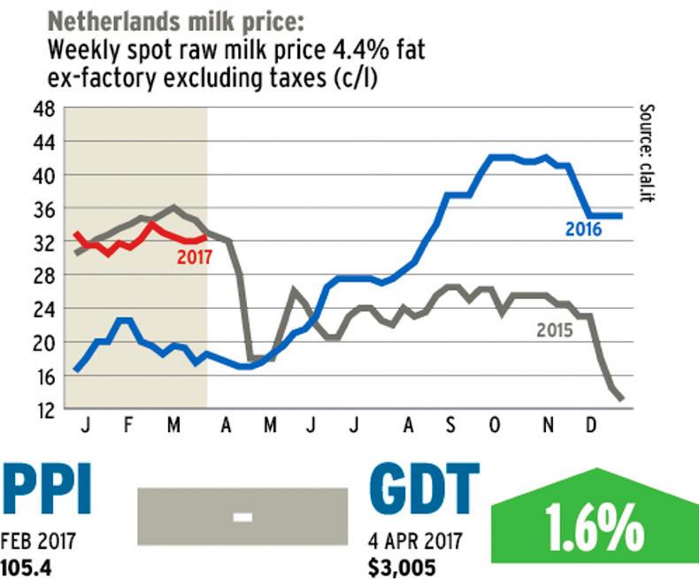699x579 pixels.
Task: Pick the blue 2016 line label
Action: point(583,230)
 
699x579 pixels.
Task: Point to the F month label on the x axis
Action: point(128,427)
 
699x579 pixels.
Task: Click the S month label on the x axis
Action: point(450,427)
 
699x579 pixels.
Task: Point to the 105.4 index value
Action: point(27,565)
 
